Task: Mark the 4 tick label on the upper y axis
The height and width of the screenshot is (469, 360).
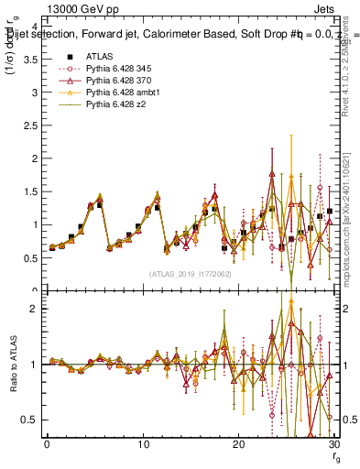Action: (35, 27)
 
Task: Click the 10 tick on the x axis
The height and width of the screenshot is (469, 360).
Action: (143, 444)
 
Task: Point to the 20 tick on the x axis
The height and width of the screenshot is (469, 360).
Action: (238, 444)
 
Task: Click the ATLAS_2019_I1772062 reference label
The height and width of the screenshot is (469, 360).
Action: (190, 274)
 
